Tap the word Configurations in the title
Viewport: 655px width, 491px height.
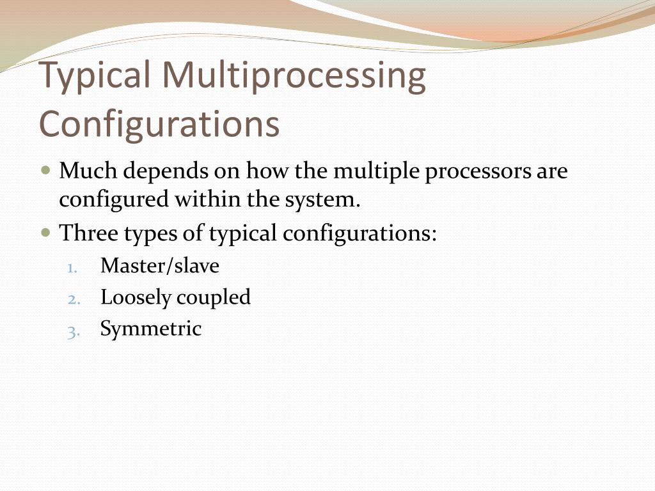pos(160,124)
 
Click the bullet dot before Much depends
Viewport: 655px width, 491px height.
pos(45,171)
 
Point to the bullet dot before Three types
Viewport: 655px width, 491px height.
pos(45,233)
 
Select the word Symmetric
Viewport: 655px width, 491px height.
pos(150,329)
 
